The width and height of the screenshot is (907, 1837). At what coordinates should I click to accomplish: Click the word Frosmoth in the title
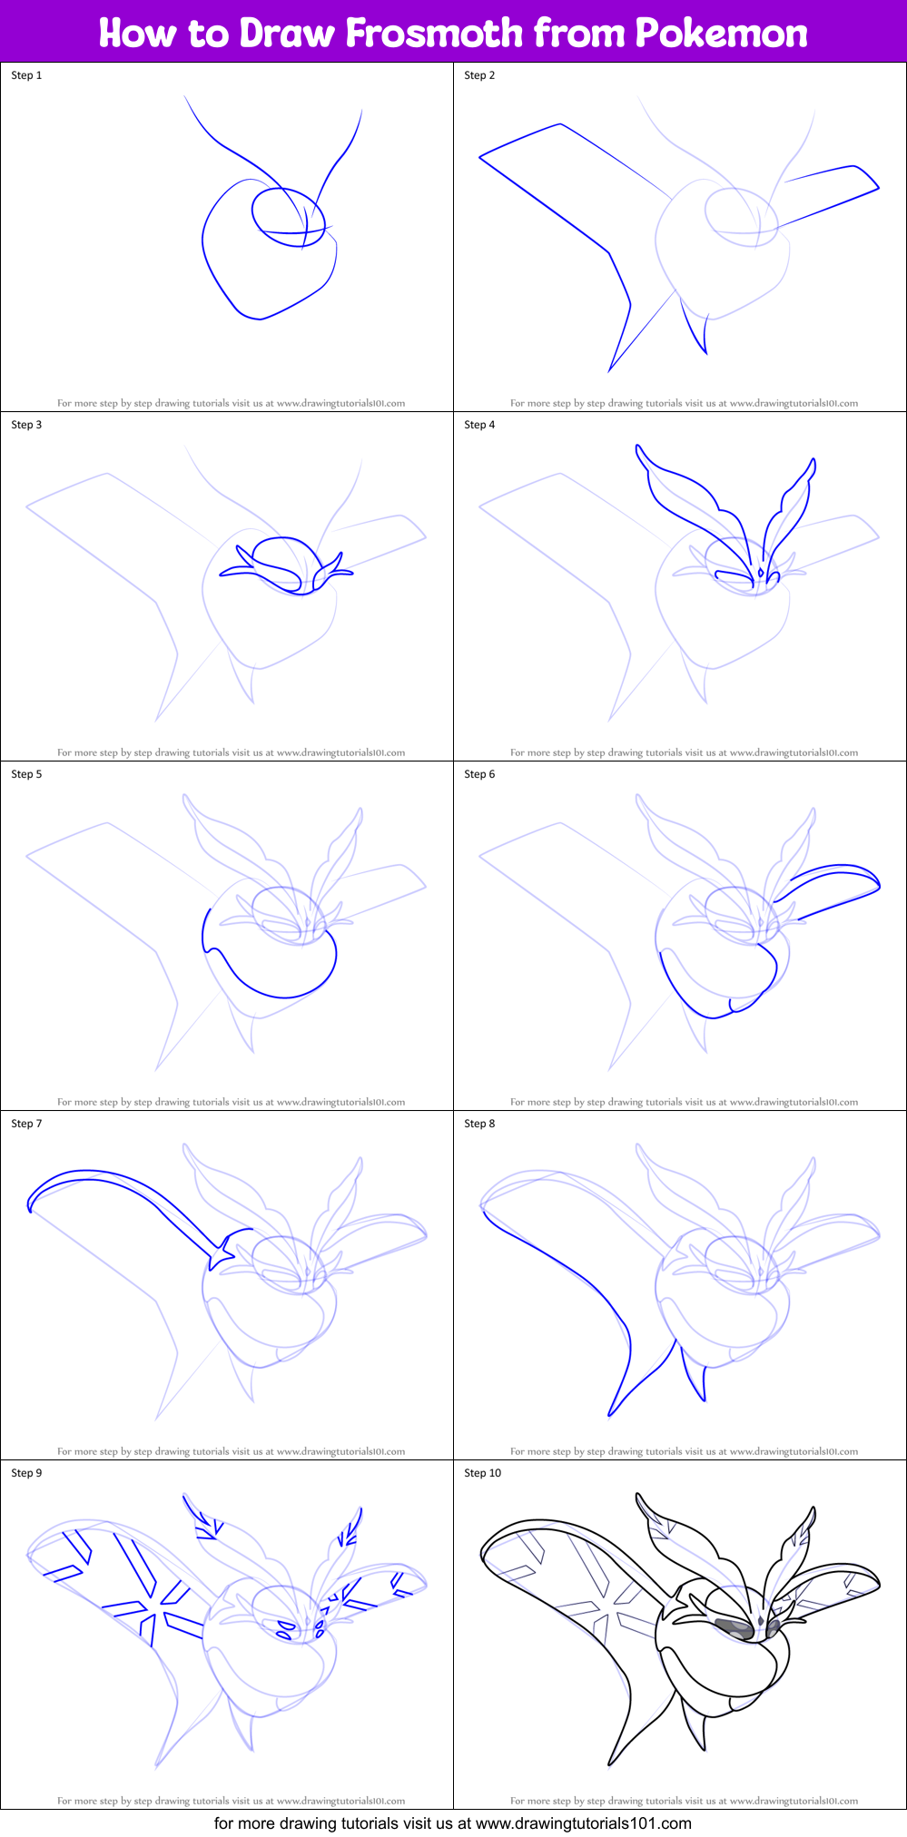tap(435, 33)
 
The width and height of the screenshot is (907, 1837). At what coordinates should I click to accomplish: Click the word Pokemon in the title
tap(721, 33)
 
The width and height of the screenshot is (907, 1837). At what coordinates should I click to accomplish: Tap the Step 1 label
tap(26, 75)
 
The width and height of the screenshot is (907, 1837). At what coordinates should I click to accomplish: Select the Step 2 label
tap(479, 75)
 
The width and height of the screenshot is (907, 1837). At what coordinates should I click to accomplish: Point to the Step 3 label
tap(26, 425)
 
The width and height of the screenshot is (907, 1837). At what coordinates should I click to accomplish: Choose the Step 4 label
tap(479, 425)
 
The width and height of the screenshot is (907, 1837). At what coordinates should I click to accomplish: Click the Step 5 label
tap(26, 774)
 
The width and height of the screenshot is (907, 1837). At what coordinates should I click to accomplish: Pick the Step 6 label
tap(479, 774)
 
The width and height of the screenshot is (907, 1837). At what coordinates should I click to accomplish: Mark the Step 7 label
tap(26, 1124)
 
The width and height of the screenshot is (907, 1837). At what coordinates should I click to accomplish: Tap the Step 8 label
tap(479, 1124)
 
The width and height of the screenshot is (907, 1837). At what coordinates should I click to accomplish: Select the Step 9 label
tap(26, 1473)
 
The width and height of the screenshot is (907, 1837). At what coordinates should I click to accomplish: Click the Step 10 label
tap(482, 1473)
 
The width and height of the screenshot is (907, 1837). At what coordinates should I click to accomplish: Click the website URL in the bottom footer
tap(584, 1823)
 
